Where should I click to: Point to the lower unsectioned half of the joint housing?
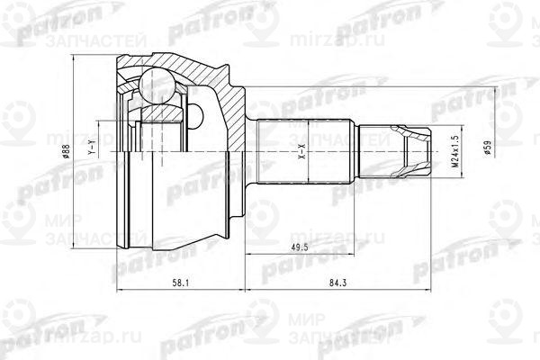coord(180,207)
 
